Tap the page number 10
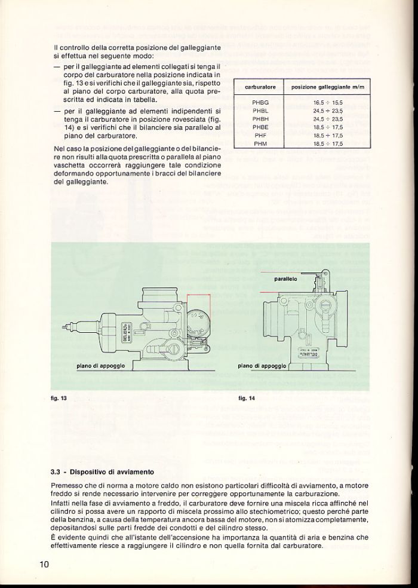[x=44, y=564]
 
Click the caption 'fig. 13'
[x=58, y=397]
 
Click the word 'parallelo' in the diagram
[x=286, y=278]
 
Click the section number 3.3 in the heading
[x=57, y=471]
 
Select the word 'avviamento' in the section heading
[x=134, y=471]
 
